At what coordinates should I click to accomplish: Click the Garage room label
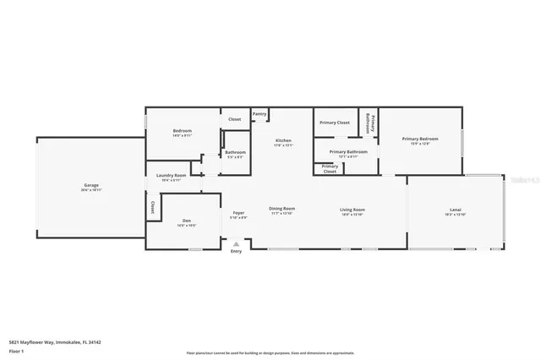[92, 185]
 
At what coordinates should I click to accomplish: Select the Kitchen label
[283, 139]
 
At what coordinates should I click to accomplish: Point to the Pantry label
[260, 113]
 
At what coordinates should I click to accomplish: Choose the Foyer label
[238, 212]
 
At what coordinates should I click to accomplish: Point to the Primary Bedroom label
[420, 139]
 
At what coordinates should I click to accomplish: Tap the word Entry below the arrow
[236, 251]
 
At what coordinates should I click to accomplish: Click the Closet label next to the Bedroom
[234, 119]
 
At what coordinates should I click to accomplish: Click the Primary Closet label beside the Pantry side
[334, 123]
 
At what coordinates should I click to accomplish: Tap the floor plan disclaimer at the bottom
[270, 352]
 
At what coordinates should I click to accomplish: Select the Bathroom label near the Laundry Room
[234, 152]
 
